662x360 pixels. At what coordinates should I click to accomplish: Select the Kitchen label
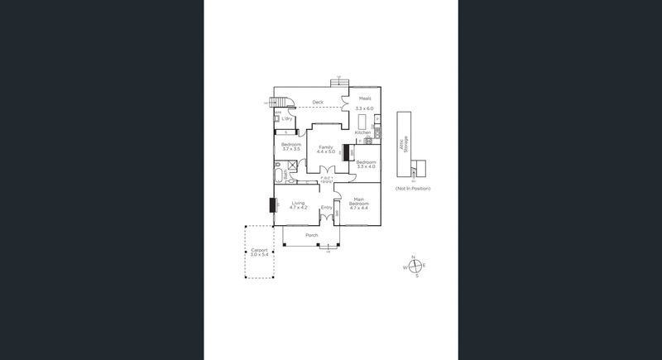tap(362, 132)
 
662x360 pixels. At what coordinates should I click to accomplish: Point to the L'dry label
tap(287, 118)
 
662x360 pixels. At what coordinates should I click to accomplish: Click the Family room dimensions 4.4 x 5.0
tap(326, 152)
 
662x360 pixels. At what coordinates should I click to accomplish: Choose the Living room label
tap(298, 202)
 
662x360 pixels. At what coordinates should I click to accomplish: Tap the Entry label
tap(326, 207)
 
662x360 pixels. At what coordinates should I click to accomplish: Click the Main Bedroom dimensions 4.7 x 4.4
tap(358, 208)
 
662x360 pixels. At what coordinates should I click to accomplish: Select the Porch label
tap(311, 235)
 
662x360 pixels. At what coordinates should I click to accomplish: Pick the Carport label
tap(260, 249)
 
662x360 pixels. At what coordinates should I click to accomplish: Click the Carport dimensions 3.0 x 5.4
tap(260, 255)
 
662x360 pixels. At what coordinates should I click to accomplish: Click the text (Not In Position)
tap(413, 189)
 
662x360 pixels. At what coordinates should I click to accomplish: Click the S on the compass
tap(416, 276)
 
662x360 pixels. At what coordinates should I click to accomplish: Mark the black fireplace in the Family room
tap(346, 152)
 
